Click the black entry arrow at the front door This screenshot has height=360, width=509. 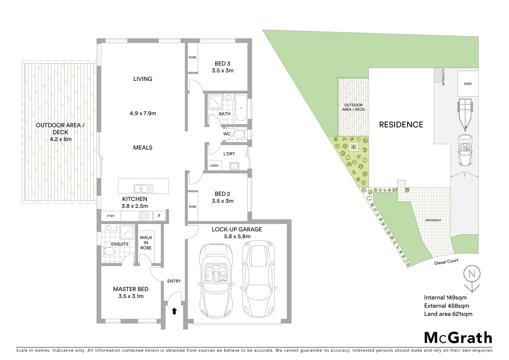[x=174, y=311]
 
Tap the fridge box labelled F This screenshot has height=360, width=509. [x=159, y=216]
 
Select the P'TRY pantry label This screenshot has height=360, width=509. [x=111, y=216]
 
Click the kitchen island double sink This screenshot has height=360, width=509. [x=143, y=188]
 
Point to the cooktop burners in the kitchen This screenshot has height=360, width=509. [x=144, y=216]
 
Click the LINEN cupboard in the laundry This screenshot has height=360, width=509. [x=214, y=166]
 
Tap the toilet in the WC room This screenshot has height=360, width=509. [x=239, y=134]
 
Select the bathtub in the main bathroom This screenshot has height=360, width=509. [x=241, y=108]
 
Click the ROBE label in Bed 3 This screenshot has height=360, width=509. [x=193, y=57]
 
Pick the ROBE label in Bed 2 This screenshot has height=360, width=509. [x=193, y=207]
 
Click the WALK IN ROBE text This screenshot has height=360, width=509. [x=146, y=243]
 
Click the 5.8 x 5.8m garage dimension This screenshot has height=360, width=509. [x=237, y=237]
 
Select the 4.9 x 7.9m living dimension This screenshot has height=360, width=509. [x=143, y=113]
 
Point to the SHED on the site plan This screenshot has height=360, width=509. [x=468, y=84]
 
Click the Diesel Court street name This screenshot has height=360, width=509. [x=446, y=263]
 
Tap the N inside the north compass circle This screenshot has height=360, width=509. [x=471, y=274]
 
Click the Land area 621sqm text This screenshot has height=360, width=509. [x=448, y=314]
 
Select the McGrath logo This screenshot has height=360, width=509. [x=458, y=338]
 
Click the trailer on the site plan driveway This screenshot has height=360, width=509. [x=464, y=112]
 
